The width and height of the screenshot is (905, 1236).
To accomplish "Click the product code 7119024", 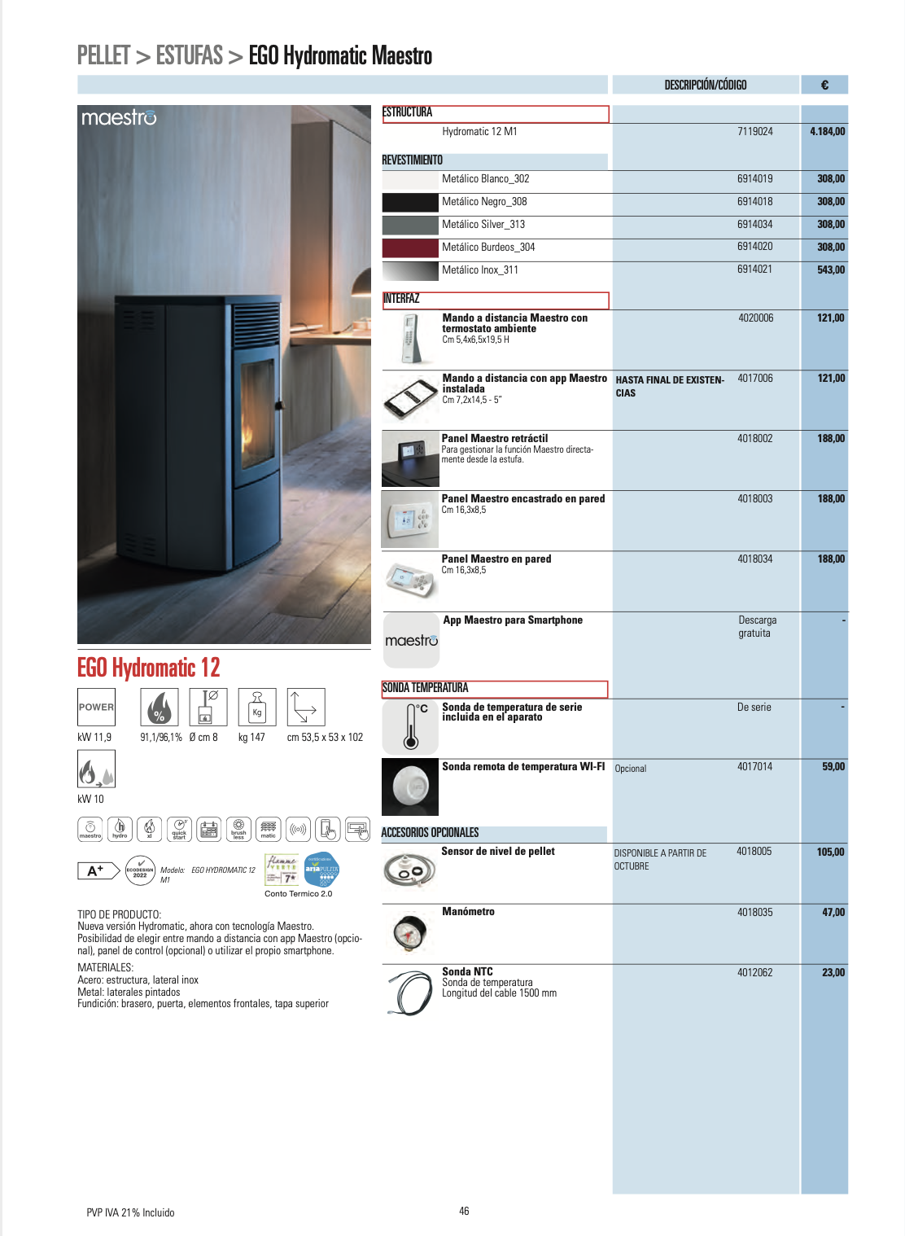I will [754, 131].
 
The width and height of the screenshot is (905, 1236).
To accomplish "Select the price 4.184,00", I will [827, 131].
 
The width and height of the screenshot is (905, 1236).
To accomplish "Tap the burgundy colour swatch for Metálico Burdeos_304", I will [410, 248].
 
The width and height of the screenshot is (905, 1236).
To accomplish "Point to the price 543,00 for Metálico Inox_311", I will [830, 270].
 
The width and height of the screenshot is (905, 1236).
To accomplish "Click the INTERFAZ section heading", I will [402, 299].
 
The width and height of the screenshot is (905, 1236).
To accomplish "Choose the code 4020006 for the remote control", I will [755, 318].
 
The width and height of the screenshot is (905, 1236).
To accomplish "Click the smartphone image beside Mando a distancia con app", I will [410, 398].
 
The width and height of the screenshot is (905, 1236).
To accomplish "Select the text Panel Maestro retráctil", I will [494, 438].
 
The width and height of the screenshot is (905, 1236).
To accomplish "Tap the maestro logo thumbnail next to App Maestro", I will [411, 641].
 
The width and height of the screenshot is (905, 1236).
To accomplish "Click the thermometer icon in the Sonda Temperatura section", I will [411, 726].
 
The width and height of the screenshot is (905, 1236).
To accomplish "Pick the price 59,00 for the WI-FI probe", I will [833, 766].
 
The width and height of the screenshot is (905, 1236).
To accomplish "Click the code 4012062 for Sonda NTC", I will [754, 972].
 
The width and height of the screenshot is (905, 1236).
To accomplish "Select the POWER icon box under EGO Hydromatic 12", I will [96, 707].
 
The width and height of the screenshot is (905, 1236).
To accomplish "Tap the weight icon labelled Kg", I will [257, 707].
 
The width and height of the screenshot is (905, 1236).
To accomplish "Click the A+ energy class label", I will [96, 870].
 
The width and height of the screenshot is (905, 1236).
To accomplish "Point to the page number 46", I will [464, 1211].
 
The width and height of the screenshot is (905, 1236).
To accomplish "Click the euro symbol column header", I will [824, 85].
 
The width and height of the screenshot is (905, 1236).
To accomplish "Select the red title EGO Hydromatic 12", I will [149, 668].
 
